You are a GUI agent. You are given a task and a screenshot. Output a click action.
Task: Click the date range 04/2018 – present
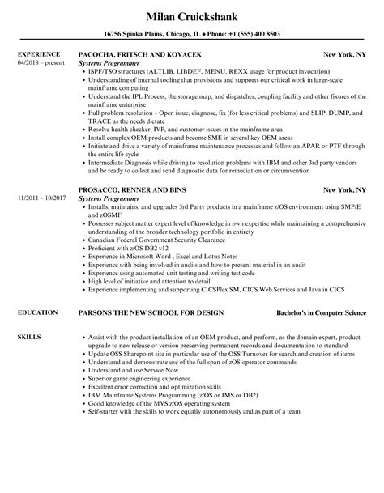coord(38,62)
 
